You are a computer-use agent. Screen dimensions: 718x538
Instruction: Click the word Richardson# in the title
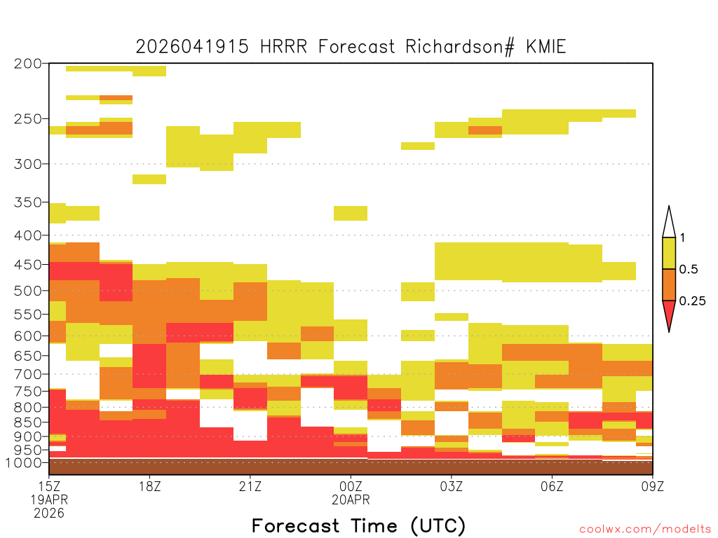459,47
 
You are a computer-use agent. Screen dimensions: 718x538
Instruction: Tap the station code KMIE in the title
546,47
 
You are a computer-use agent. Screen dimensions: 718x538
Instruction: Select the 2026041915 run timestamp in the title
192,47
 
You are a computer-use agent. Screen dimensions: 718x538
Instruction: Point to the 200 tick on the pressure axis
27,64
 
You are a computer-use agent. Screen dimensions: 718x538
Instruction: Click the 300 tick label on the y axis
27,164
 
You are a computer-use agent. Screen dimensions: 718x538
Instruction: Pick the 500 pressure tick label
27,291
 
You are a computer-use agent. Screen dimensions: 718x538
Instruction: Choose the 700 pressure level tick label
27,374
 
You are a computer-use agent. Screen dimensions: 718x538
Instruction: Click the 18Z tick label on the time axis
150,486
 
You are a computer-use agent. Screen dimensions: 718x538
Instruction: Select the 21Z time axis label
250,486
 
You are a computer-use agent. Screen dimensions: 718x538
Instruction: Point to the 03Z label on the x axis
451,486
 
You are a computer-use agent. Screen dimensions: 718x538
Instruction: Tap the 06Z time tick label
552,486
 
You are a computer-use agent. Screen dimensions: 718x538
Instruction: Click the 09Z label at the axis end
652,486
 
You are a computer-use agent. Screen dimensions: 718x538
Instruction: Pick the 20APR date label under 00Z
351,499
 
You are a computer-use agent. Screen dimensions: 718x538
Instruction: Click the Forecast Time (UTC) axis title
358,525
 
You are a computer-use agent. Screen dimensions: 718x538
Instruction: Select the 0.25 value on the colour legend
692,301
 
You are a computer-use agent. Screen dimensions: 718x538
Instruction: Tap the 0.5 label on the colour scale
689,270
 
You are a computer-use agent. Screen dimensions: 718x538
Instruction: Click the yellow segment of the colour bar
669,253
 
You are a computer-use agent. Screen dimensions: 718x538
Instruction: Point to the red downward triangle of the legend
669,313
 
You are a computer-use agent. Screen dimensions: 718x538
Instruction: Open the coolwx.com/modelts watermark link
646,530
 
